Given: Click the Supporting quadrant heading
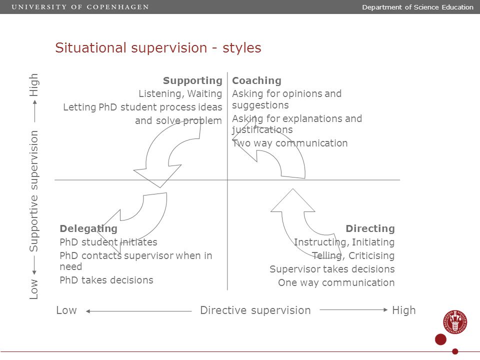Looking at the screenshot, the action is click(192, 80).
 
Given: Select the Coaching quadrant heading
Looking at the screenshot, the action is click(256, 80).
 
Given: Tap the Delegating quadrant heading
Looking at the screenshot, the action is click(88, 228).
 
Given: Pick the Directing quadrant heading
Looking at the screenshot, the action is click(370, 228).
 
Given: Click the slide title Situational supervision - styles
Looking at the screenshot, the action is click(158, 48).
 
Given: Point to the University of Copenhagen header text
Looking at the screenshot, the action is click(80, 7).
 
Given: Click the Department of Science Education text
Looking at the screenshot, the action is click(417, 7).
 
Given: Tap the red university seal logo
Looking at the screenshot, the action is click(455, 322).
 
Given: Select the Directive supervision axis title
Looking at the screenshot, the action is click(255, 310).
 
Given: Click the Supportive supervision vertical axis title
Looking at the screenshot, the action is click(33, 191).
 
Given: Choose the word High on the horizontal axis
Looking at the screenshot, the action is click(404, 310).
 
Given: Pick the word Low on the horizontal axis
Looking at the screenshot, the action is click(66, 310).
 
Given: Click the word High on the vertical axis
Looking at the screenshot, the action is click(33, 85).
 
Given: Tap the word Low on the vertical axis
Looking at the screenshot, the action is click(33, 289).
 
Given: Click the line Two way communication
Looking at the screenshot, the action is click(290, 143).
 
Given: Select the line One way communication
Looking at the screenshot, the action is click(336, 282).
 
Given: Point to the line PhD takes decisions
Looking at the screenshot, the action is click(106, 280).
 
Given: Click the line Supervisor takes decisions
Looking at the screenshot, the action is click(332, 269).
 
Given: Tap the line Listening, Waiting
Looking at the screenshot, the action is click(180, 93).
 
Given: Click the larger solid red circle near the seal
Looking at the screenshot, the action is click(441, 339).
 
